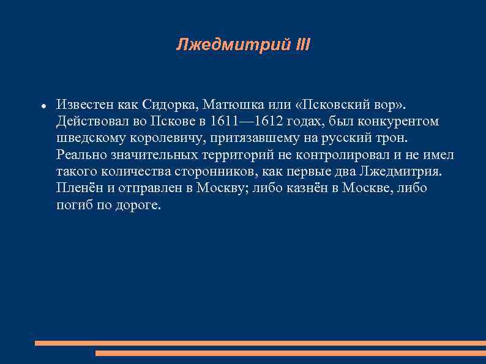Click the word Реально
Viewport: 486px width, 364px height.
tap(80, 155)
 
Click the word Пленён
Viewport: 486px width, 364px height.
tap(78, 188)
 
